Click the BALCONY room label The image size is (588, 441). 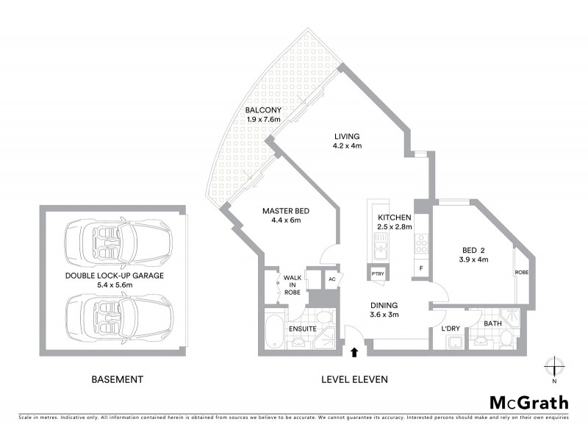pos(264,115)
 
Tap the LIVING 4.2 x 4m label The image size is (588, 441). pos(347,140)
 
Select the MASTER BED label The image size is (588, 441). pos(286,216)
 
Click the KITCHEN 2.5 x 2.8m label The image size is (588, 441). pos(395,223)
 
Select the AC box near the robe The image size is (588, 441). pos(331,279)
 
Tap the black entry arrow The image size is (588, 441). pos(355,353)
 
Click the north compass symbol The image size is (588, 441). pos(555,367)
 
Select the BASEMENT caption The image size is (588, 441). pos(117,380)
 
